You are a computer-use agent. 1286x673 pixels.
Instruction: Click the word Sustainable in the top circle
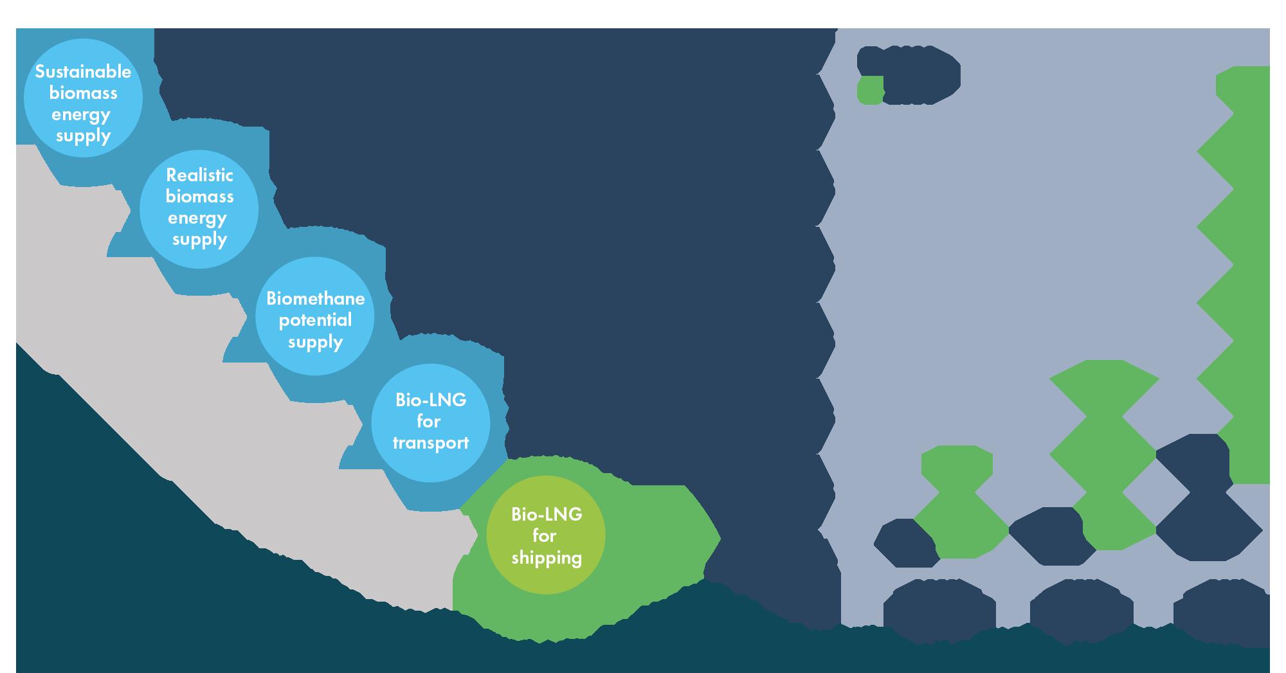coord(83,72)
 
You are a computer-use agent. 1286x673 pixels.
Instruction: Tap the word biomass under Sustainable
coord(84,93)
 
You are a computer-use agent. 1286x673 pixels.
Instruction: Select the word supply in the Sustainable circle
coord(84,136)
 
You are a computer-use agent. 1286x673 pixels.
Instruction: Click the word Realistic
coord(199,175)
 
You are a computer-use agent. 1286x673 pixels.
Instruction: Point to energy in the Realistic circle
coord(197,218)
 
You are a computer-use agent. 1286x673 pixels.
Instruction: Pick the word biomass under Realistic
coord(199,196)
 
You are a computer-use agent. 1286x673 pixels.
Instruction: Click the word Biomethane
coord(315,299)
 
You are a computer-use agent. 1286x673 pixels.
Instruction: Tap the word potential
coord(315,320)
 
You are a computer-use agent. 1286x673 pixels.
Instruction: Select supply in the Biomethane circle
coord(315,342)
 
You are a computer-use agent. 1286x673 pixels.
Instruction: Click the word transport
coord(430,444)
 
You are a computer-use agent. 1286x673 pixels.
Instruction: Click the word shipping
coord(547,557)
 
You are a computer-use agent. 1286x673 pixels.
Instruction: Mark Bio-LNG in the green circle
coord(547,514)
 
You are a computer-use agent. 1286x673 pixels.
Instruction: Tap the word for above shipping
coord(545,535)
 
